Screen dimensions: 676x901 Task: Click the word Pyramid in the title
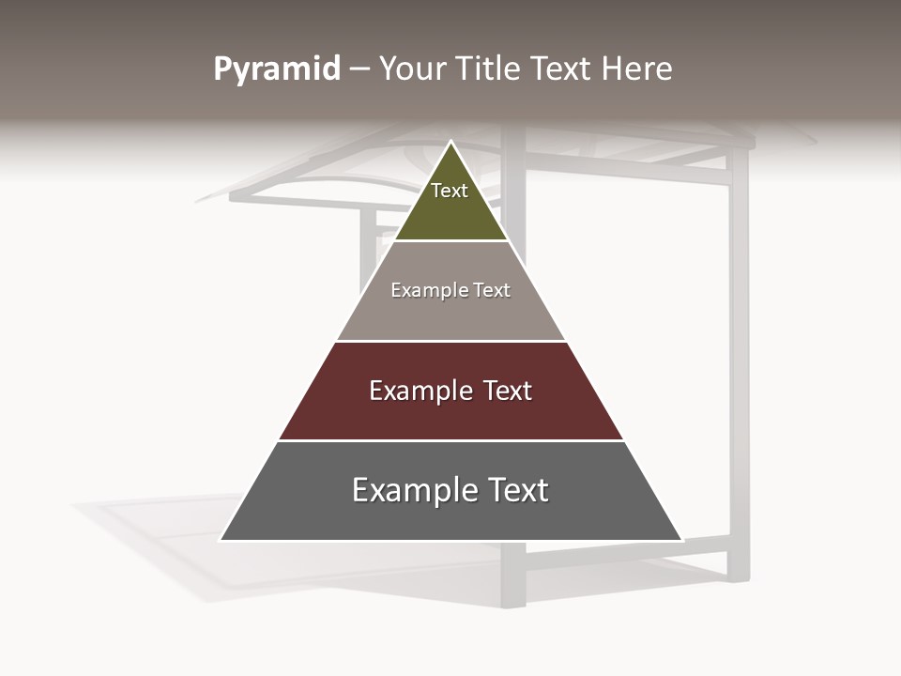pos(277,69)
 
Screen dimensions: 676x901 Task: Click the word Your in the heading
pos(412,69)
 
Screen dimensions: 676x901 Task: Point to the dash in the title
pos(359,69)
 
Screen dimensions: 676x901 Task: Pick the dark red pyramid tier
pos(451,413)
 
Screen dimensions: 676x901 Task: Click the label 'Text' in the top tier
pos(450,191)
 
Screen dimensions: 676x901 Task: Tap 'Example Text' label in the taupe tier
pos(450,290)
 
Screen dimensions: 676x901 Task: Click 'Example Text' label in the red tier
pos(450,391)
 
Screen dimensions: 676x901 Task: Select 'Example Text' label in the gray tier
pos(450,490)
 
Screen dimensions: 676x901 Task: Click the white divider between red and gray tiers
pos(451,440)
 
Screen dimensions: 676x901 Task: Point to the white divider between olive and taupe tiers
pos(451,241)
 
